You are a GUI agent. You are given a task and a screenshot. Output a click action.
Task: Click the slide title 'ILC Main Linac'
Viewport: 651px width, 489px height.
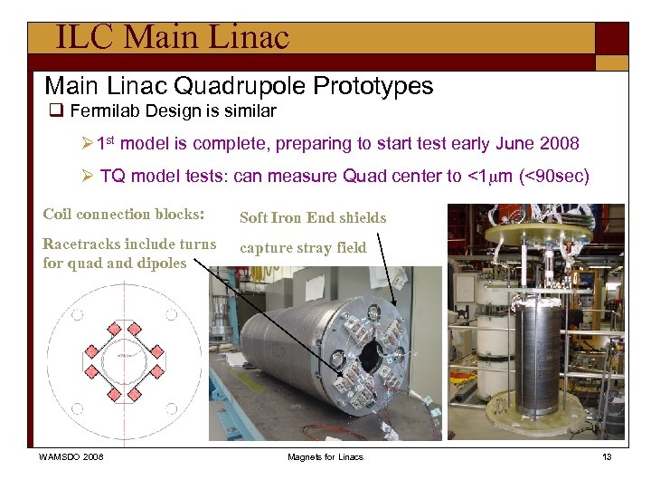coord(172,37)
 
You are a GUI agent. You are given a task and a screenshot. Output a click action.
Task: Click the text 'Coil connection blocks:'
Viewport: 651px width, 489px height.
coord(124,215)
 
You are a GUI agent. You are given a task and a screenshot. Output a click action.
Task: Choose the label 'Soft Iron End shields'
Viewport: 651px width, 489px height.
coord(312,217)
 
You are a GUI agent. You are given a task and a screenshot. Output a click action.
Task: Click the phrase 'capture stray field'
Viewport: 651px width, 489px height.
coord(303,247)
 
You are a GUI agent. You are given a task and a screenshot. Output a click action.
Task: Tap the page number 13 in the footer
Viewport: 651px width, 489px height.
coord(607,456)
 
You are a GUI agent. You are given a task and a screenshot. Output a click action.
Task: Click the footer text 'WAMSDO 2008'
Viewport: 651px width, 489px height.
coord(71,456)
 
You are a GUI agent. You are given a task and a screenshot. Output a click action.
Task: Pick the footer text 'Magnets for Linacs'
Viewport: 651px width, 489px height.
coord(325,456)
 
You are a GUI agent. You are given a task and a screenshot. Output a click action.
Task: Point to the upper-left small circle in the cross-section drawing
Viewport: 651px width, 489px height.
coord(78,315)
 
